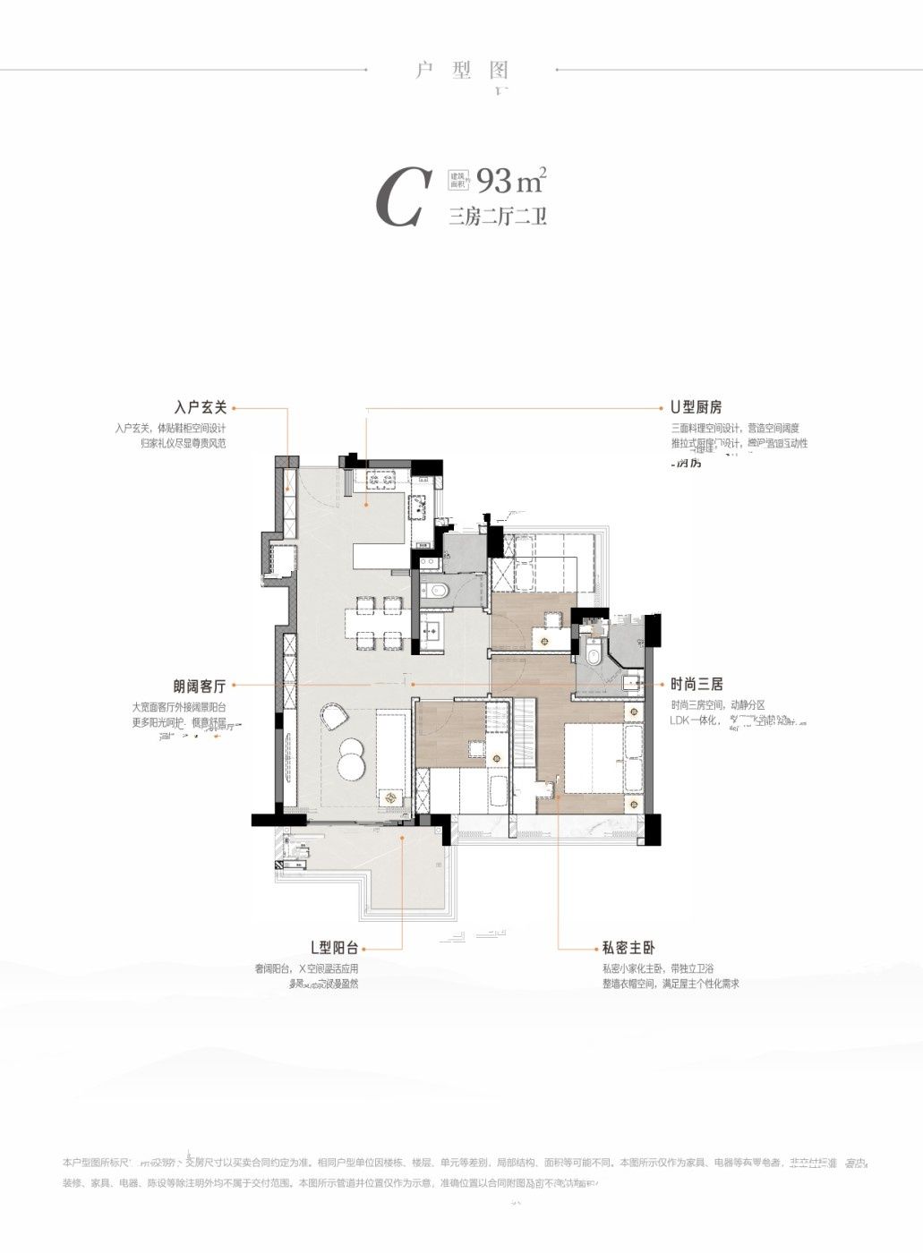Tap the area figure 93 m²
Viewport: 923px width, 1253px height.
point(511,182)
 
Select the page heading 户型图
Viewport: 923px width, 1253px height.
point(462,70)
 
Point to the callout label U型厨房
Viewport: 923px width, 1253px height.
point(697,408)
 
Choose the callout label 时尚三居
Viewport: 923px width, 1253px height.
point(697,685)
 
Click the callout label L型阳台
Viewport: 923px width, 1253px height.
point(334,948)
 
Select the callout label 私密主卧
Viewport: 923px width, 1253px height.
point(628,948)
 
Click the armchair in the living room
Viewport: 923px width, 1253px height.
point(333,715)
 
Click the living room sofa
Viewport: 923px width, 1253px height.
point(391,756)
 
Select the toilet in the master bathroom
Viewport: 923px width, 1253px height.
point(594,655)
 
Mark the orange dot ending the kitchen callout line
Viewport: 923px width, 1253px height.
point(365,506)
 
